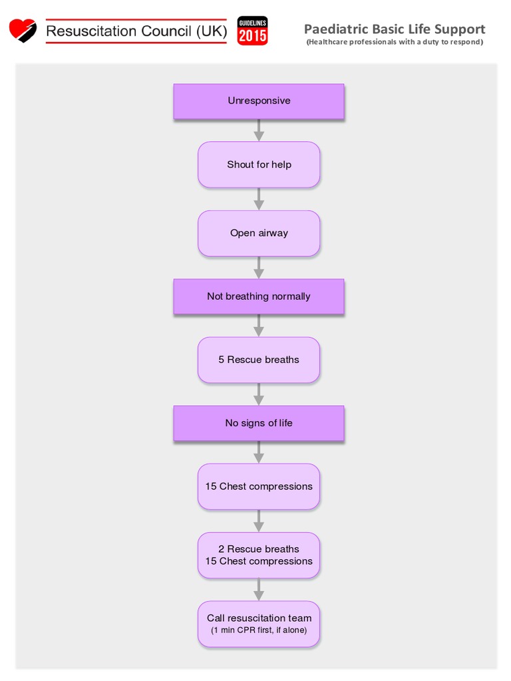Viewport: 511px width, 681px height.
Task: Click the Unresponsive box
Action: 259,101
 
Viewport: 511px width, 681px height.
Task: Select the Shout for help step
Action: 259,165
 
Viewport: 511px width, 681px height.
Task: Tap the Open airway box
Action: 259,233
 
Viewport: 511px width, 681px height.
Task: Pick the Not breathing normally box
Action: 259,296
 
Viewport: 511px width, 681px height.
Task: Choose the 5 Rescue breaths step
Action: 259,360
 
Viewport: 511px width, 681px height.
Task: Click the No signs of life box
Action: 259,423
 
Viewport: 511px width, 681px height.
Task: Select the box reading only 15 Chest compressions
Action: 259,486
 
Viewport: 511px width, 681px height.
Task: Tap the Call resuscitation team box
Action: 259,624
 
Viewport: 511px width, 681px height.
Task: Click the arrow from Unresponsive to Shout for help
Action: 259,130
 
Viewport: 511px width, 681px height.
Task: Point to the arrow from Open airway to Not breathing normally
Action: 259,267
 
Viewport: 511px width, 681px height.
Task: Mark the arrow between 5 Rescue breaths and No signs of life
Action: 259,394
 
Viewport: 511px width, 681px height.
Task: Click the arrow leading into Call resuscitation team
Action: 259,590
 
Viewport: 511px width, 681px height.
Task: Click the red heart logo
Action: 23,31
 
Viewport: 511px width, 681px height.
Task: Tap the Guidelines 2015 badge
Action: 252,31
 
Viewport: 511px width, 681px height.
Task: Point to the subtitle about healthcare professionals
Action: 395,42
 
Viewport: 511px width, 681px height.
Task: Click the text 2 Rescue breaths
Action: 259,549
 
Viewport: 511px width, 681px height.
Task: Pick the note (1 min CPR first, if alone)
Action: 259,630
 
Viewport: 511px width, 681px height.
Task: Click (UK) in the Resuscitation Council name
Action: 212,31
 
